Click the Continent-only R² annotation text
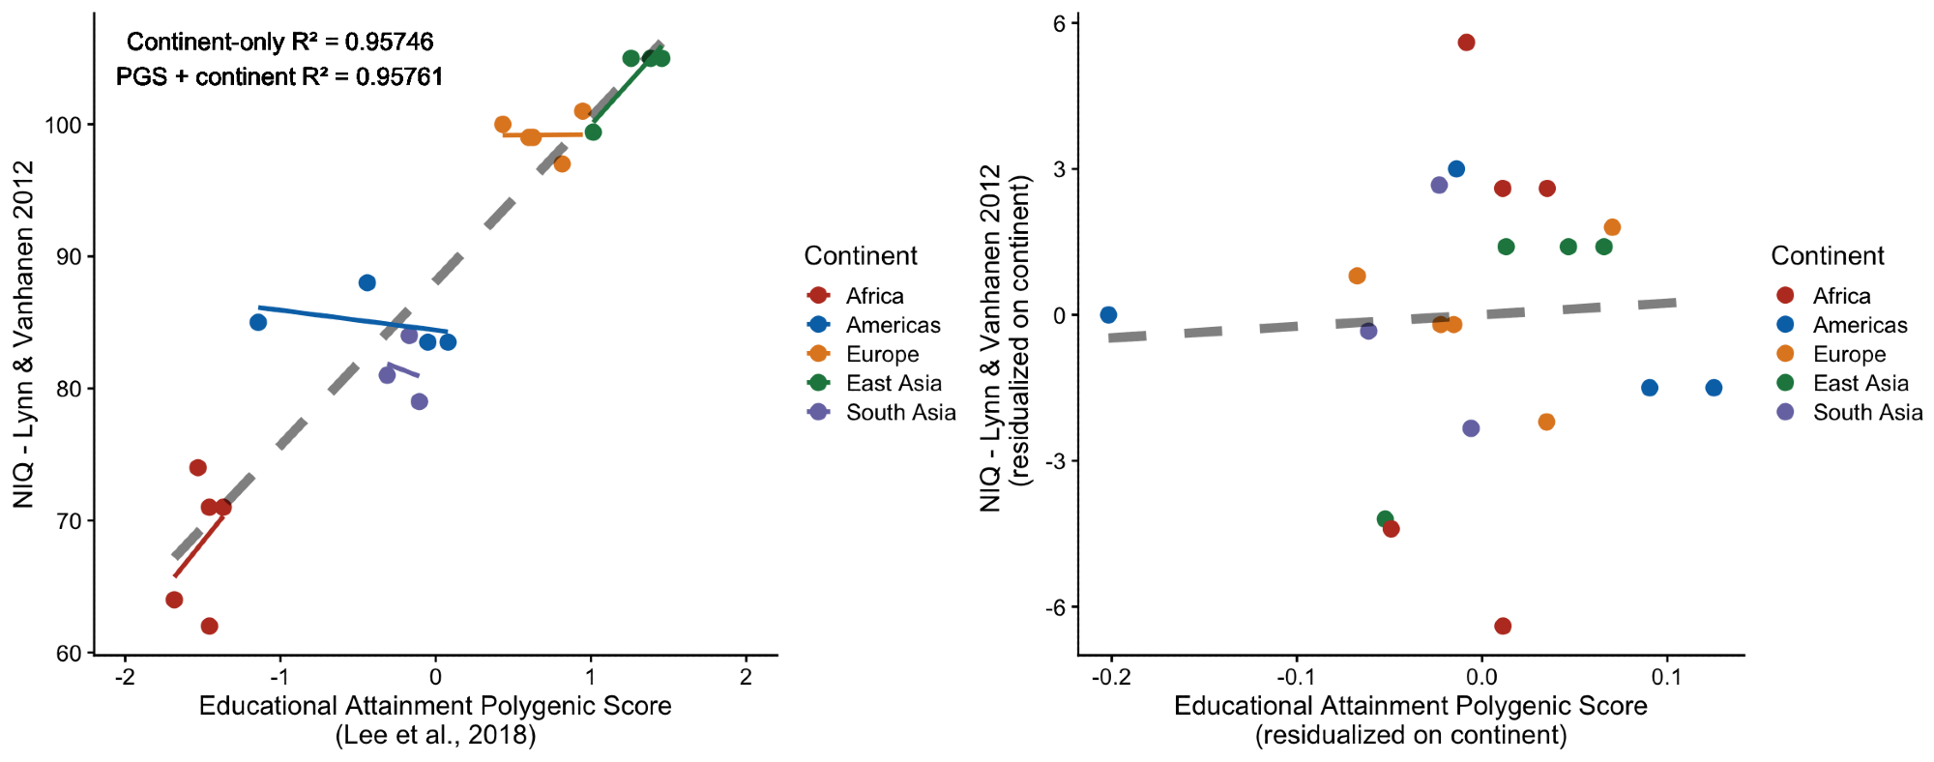click(x=279, y=42)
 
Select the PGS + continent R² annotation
click(x=279, y=76)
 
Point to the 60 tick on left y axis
click(x=70, y=653)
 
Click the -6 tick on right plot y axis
click(x=1053, y=607)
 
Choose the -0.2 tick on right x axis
click(x=1111, y=677)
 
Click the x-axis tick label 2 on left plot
click(x=746, y=677)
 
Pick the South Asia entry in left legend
click(x=899, y=412)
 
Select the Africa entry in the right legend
click(x=1840, y=296)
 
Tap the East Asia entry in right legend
click(x=1860, y=383)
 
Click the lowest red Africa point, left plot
click(x=209, y=627)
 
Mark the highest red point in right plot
click(x=1466, y=43)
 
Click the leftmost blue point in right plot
click(x=1108, y=315)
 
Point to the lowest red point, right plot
click(x=1502, y=627)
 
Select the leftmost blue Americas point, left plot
click(x=258, y=322)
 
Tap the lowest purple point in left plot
click(x=419, y=401)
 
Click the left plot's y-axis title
click(x=23, y=334)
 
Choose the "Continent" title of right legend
click(x=1828, y=255)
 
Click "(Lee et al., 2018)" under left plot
click(x=435, y=735)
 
